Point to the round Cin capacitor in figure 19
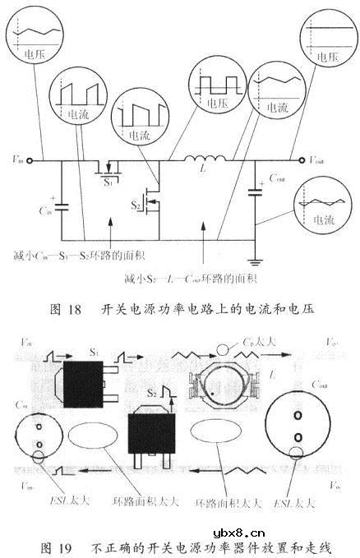(x=39, y=431)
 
